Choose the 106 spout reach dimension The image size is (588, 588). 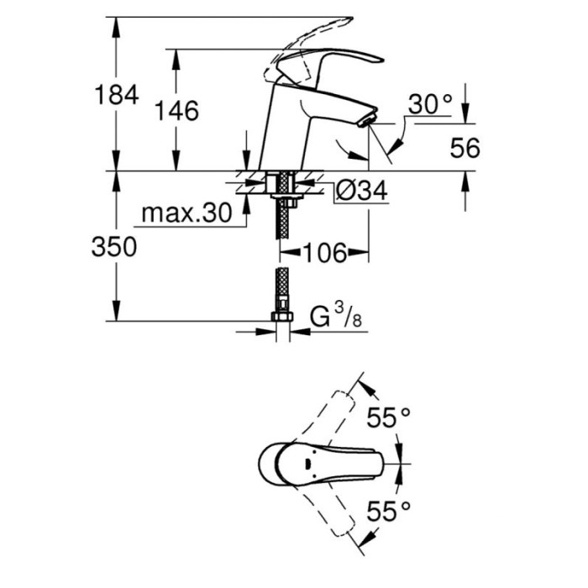324,252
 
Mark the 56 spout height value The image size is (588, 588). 464,149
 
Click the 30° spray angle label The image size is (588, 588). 430,104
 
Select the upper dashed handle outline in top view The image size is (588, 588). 336,412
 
